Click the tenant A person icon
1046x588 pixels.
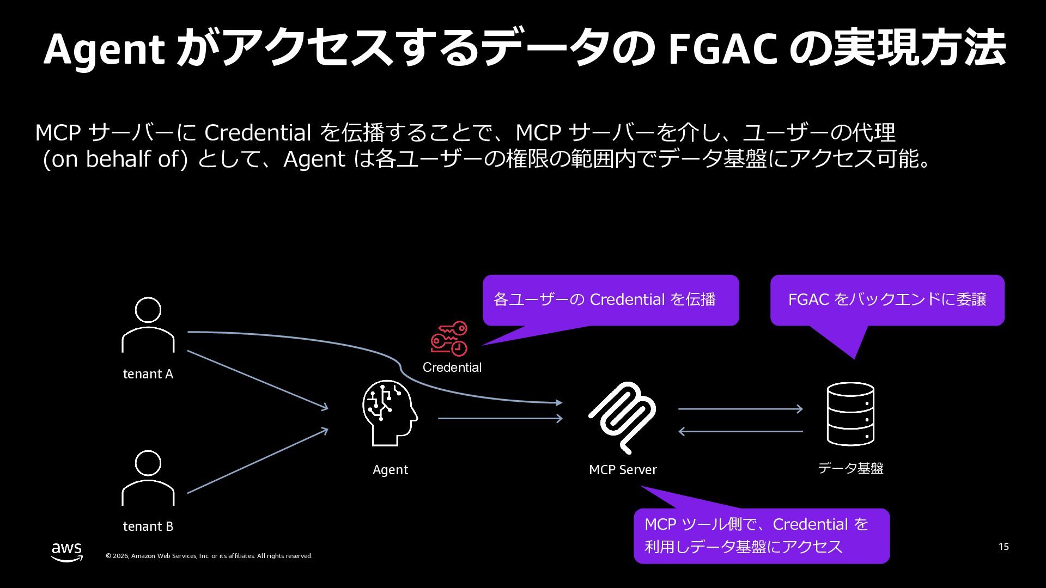coord(148,325)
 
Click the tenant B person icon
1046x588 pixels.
coord(148,478)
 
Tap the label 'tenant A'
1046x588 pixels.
coord(148,374)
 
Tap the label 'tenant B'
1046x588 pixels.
coord(148,526)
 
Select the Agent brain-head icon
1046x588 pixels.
coord(390,413)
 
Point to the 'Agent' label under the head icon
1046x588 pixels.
coord(390,470)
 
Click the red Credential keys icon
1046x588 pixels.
coord(449,338)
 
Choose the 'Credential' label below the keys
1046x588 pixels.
coord(452,367)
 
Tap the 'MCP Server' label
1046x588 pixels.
coord(623,470)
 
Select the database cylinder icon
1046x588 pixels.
coord(850,414)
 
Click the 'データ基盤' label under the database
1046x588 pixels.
coord(850,468)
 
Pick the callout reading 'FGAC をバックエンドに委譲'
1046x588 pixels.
coord(887,300)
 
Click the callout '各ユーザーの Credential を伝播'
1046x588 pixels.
coord(610,300)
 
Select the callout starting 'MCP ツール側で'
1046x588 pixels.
coord(761,536)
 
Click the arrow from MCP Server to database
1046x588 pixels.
coord(740,408)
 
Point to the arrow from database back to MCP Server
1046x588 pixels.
coord(740,431)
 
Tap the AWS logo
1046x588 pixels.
coord(67,551)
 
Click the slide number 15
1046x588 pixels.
coord(1004,547)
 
